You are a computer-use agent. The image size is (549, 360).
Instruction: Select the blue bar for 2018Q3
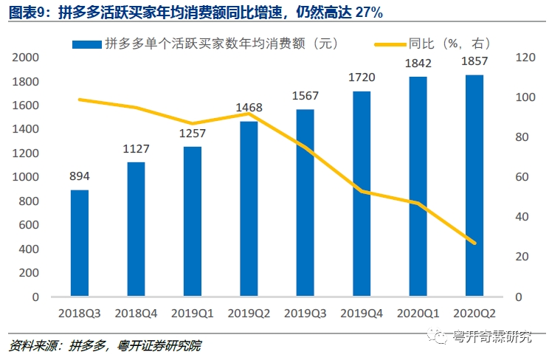tap(80, 243)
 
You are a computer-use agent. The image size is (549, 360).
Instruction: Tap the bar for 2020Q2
tap(474, 186)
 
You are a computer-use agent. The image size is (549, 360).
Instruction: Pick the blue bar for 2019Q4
tap(362, 194)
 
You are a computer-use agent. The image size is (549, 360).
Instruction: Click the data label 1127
tap(136, 150)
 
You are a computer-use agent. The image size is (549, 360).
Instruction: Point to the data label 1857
tap(474, 61)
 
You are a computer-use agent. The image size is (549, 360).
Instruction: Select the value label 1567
tap(305, 97)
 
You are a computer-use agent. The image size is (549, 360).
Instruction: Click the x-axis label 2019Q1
tap(193, 313)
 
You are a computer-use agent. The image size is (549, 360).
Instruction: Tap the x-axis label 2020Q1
tap(418, 313)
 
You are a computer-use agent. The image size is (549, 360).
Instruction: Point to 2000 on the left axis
tap(27, 58)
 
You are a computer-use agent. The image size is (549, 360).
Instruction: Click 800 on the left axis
tap(30, 201)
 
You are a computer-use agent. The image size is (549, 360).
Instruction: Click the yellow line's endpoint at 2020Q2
tap(474, 243)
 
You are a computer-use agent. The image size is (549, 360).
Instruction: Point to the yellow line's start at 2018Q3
tap(80, 100)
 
